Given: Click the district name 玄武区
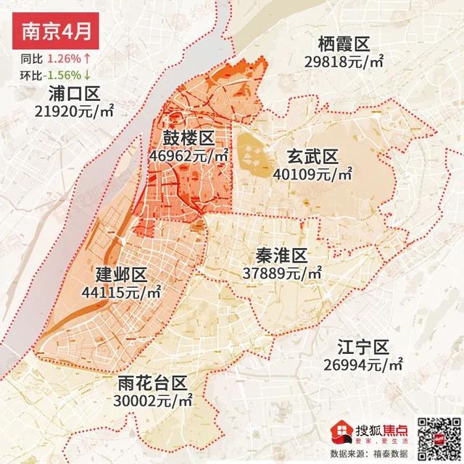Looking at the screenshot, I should click(x=312, y=157).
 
